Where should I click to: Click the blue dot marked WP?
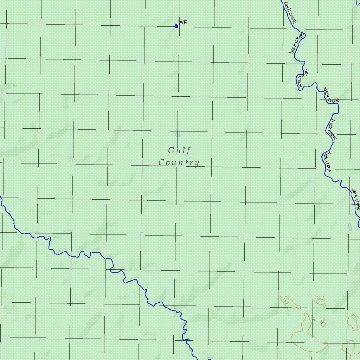pos(176,26)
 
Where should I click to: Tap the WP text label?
pos(183,22)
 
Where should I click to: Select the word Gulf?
pos(179,151)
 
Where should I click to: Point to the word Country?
pos(179,163)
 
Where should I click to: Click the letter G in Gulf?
pos(171,151)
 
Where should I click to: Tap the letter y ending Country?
pos(197,163)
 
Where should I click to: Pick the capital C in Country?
pos(162,163)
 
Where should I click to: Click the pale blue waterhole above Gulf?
pos(178,135)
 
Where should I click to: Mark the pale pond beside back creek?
pos(349,227)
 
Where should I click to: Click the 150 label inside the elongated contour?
pos(285,301)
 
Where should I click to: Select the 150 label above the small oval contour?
pos(320,298)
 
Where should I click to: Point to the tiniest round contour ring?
pos(323,324)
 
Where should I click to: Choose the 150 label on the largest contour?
pos(311,318)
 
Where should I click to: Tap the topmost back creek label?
pos(290,13)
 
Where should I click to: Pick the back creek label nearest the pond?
pos(355,199)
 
